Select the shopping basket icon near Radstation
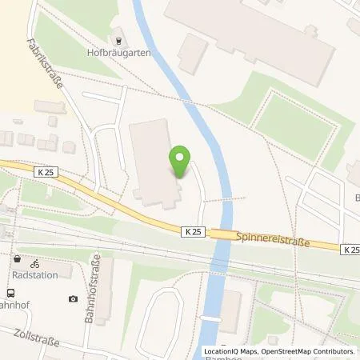[17, 259]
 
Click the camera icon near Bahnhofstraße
[74, 298]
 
